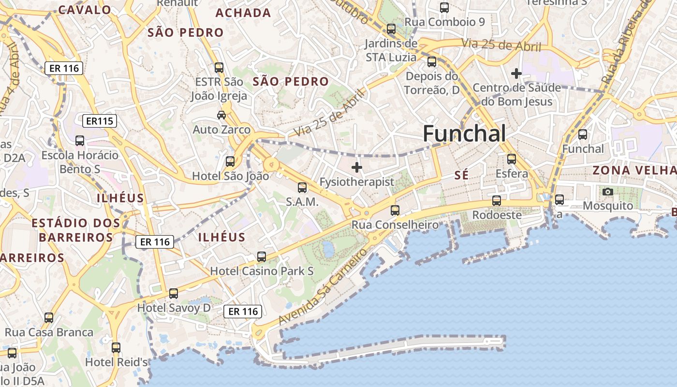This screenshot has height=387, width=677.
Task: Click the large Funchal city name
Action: [464, 134]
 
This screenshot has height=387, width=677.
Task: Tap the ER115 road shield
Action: [100, 121]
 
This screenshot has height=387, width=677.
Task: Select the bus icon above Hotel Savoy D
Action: [174, 293]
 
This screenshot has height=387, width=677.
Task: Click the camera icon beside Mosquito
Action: [608, 192]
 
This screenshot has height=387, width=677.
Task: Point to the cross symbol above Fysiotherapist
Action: [357, 167]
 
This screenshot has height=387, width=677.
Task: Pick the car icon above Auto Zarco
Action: [221, 115]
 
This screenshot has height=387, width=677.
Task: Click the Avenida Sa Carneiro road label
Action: [322, 287]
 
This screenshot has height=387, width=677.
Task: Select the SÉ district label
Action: [462, 175]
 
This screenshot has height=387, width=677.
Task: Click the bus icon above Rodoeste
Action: [497, 200]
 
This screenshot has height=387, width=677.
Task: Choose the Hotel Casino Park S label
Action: [262, 271]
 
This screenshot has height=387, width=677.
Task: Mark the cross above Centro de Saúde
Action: [516, 74]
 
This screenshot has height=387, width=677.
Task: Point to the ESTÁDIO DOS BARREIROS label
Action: [76, 230]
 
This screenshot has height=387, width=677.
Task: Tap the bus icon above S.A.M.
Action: [302, 187]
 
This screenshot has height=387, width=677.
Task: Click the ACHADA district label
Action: [243, 13]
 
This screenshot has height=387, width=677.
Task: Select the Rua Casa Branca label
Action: [49, 332]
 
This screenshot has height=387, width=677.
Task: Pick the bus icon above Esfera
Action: [512, 159]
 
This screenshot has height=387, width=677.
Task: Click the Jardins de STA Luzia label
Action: [391, 50]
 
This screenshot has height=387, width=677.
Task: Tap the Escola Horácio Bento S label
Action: [80, 162]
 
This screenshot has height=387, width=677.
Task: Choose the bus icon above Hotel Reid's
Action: [116, 347]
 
